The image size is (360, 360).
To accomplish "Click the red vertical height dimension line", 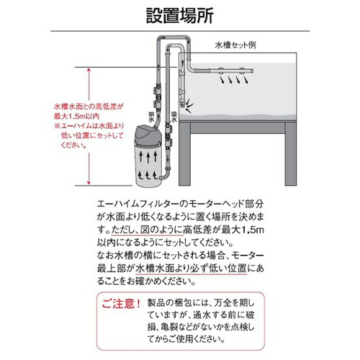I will [89, 122].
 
